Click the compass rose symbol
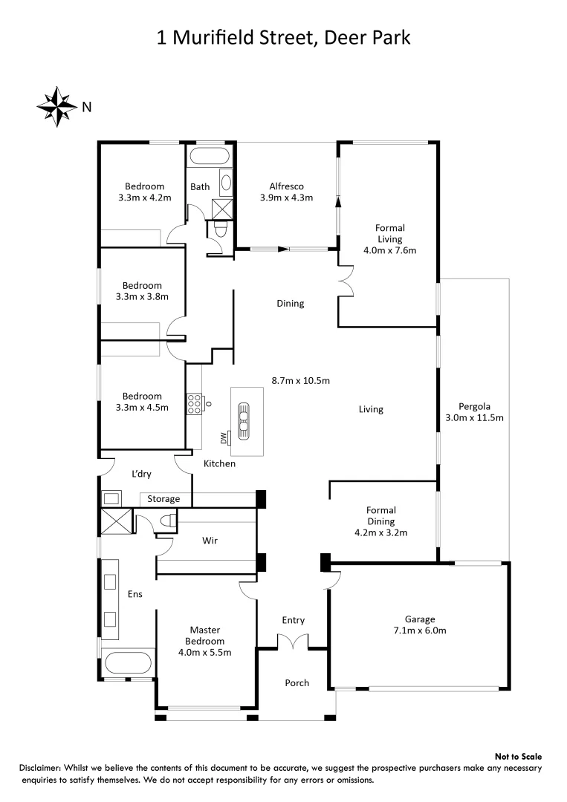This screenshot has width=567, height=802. [56, 106]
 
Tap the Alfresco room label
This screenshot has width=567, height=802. [286, 186]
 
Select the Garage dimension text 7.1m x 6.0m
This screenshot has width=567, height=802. [420, 630]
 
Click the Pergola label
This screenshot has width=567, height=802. [473, 406]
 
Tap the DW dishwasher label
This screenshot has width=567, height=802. [223, 438]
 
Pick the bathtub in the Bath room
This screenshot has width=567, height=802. [209, 157]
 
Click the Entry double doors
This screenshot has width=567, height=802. [293, 641]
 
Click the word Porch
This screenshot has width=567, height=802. [297, 682]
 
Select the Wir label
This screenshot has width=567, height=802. [210, 541]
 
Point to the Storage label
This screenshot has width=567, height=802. [163, 499]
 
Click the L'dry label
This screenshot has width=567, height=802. [141, 474]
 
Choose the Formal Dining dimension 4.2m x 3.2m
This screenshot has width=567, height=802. [381, 532]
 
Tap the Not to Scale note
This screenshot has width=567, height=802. [518, 755]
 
